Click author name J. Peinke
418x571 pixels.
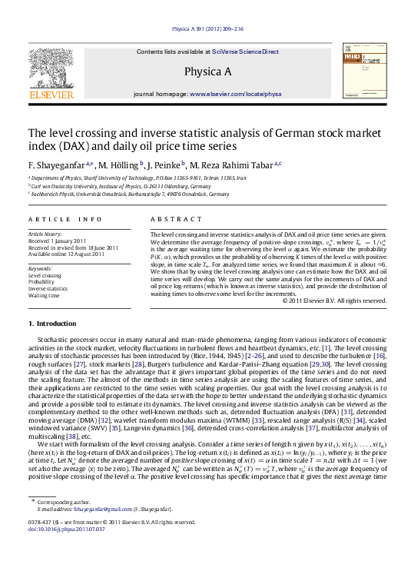pyautogui.click(x=167, y=164)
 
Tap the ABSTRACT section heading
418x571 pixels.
pyautogui.click(x=171, y=219)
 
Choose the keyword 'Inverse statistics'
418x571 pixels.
pyautogui.click(x=48, y=288)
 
